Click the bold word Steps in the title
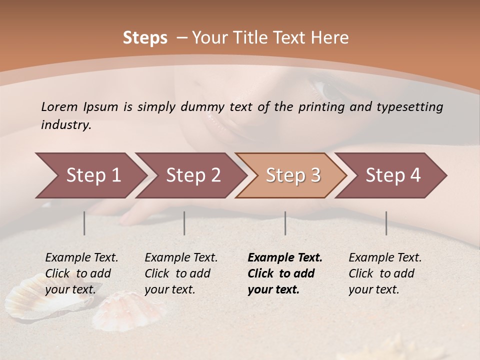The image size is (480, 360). tap(145, 38)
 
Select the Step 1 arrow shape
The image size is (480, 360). tap(90, 175)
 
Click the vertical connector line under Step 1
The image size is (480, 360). tap(84, 223)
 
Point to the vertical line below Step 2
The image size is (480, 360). tap(184, 223)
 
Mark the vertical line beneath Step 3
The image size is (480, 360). tap(285, 223)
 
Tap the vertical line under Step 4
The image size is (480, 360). tap(386, 223)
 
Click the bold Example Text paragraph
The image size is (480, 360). tap(284, 273)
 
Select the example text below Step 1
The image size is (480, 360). tap(81, 273)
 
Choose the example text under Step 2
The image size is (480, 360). tap(180, 273)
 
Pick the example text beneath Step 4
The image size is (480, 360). tap(384, 273)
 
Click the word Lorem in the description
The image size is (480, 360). tap(59, 106)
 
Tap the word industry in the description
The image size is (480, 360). tap(66, 125)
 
